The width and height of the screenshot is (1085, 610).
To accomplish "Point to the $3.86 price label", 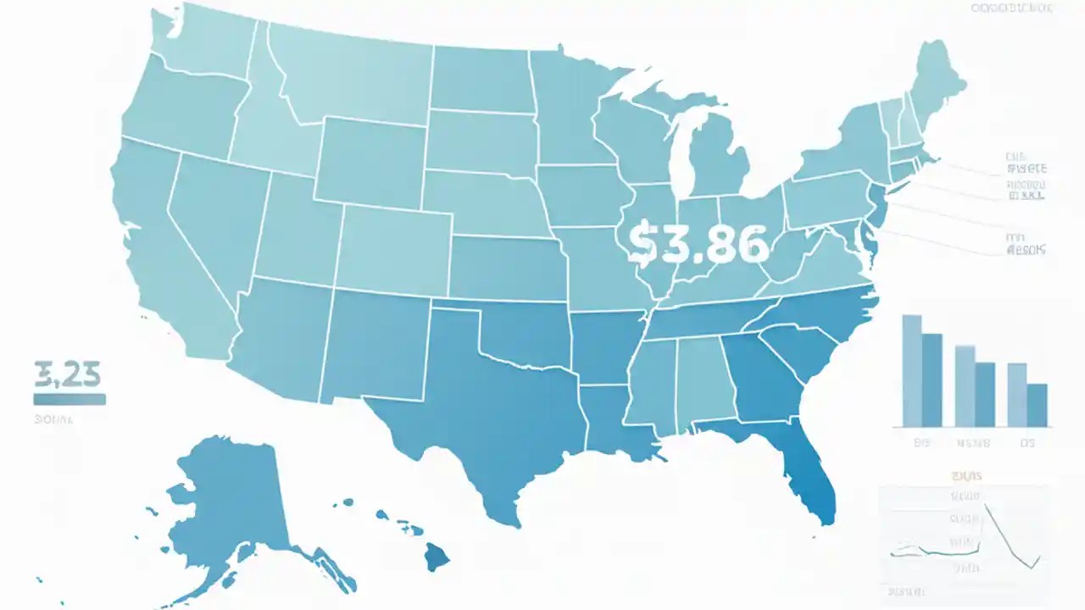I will click(x=699, y=244).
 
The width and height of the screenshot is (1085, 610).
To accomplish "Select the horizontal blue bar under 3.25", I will click(x=70, y=399).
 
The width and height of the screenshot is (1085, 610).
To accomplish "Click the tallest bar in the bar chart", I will click(x=911, y=370).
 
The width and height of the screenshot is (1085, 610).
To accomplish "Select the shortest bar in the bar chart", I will click(x=1037, y=405).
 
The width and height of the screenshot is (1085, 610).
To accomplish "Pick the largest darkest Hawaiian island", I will click(x=437, y=557).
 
